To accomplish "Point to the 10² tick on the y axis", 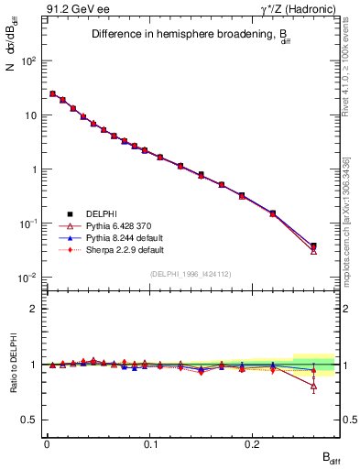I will [29, 61].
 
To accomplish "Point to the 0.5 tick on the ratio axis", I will [29, 420].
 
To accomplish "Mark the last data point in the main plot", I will [313, 246].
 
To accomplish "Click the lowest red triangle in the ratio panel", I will [313, 386].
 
